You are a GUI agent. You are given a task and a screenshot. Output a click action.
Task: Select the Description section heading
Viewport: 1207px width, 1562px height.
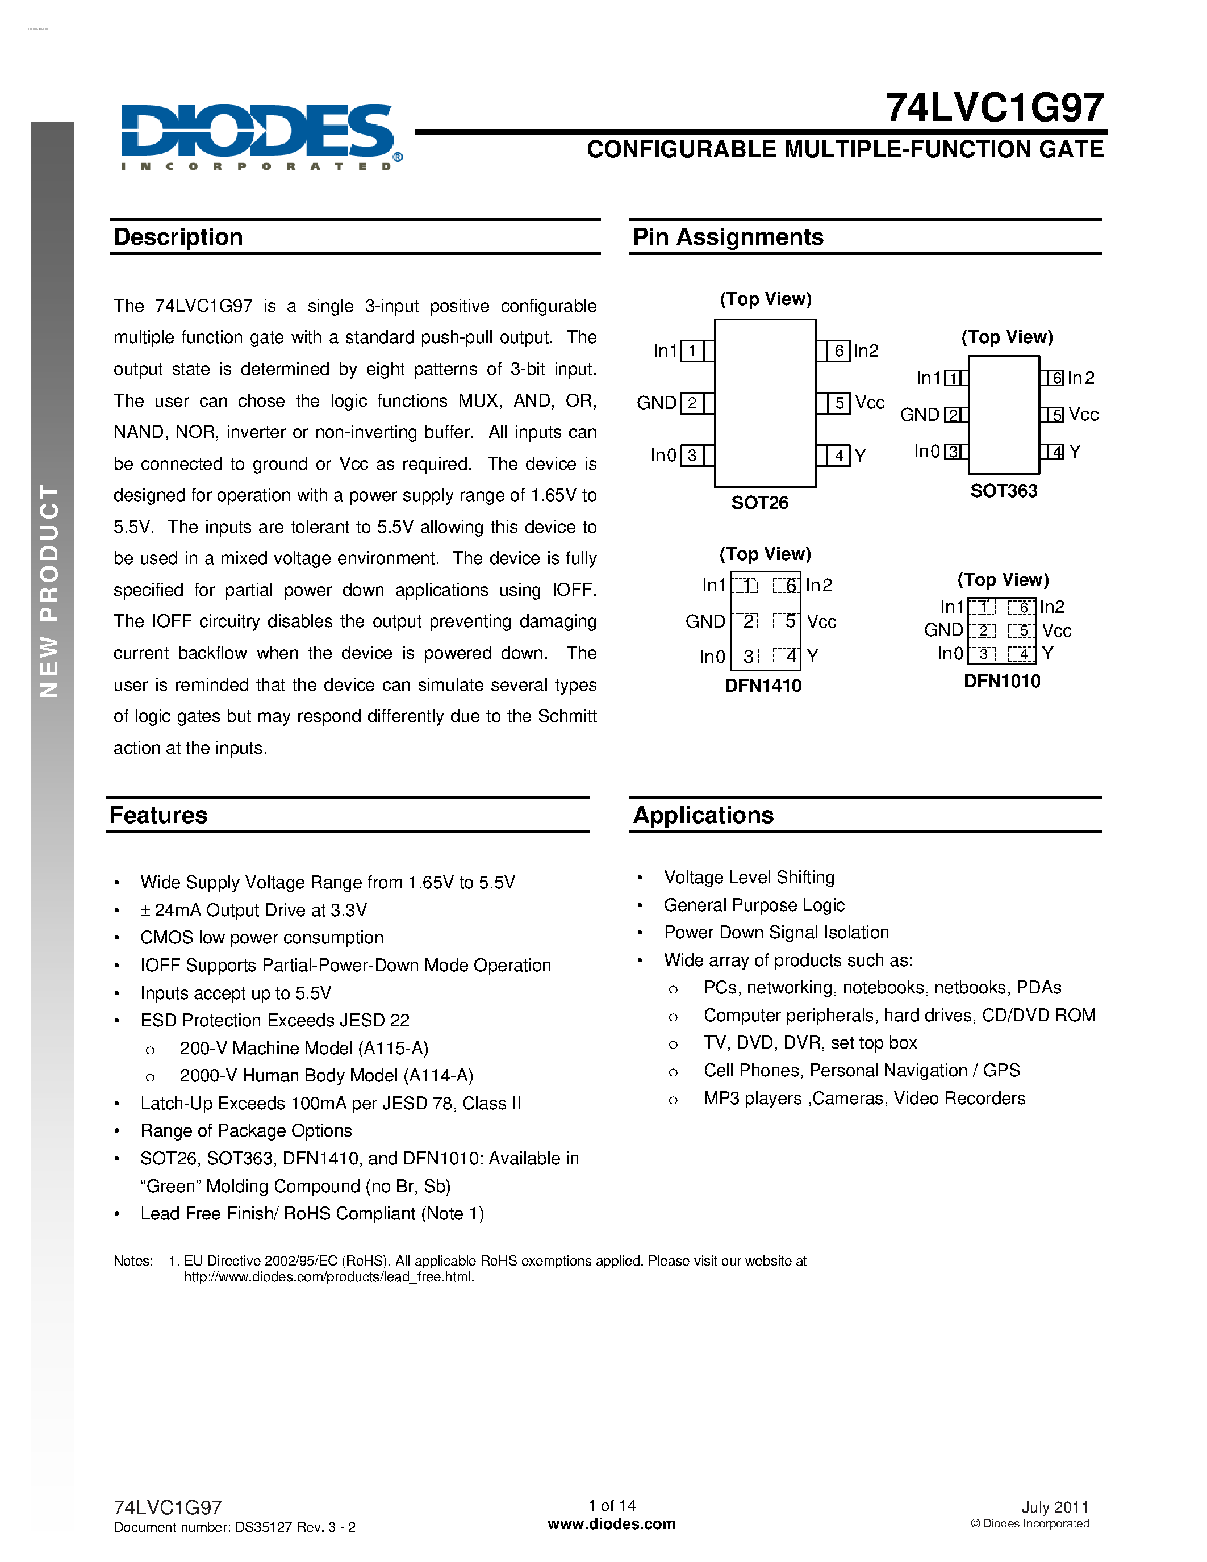pyautogui.click(x=178, y=237)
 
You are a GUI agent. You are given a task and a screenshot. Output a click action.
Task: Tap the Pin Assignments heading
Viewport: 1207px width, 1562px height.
pyautogui.click(x=728, y=237)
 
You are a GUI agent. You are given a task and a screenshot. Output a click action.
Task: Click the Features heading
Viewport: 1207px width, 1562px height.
pyautogui.click(x=158, y=815)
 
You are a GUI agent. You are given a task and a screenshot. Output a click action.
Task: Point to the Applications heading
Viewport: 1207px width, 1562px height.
pyautogui.click(x=703, y=815)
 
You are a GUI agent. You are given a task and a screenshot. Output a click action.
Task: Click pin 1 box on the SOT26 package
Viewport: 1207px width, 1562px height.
pyautogui.click(x=691, y=350)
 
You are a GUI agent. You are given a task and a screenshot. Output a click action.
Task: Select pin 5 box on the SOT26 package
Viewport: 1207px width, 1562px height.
pyautogui.click(x=839, y=403)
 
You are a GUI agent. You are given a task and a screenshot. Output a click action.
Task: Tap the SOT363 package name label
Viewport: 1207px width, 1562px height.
pyautogui.click(x=1003, y=491)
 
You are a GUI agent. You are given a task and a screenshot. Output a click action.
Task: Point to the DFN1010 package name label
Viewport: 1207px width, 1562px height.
pyautogui.click(x=1002, y=681)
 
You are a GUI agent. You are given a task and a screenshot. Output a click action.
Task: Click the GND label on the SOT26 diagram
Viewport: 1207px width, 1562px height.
pyautogui.click(x=655, y=403)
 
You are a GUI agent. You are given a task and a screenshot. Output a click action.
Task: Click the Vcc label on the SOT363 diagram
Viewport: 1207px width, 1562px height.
pyautogui.click(x=1083, y=415)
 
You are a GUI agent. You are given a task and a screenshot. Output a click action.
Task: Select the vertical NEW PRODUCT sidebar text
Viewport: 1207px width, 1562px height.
pyautogui.click(x=49, y=590)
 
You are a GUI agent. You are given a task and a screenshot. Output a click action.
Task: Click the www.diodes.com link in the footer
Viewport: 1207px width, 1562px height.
pyautogui.click(x=611, y=1523)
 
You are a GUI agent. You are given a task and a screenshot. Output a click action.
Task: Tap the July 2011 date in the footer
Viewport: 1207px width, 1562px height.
pyautogui.click(x=1054, y=1507)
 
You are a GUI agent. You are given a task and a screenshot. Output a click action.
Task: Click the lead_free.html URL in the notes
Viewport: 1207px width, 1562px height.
pyautogui.click(x=329, y=1277)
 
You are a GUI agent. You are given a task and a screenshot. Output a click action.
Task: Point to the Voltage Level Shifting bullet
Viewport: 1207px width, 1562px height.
pyautogui.click(x=749, y=877)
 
